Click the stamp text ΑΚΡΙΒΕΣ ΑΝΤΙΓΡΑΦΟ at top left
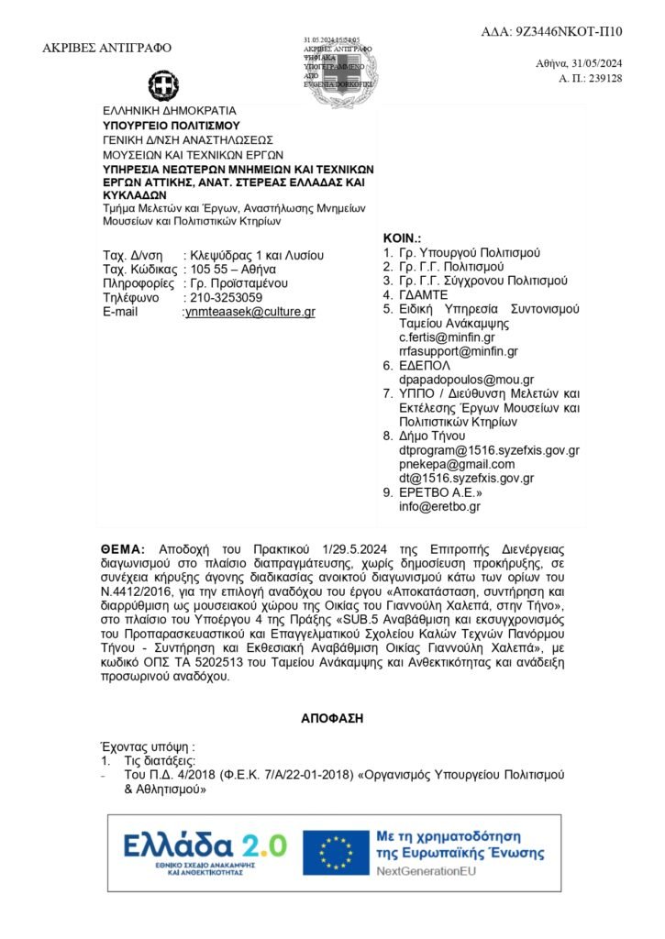(107, 48)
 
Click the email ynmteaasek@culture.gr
(250, 312)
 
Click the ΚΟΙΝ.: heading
(401, 238)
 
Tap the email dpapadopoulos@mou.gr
(466, 380)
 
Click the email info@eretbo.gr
(439, 506)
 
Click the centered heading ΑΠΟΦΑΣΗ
(332, 718)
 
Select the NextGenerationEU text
(428, 870)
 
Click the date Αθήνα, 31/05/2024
(579, 63)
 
